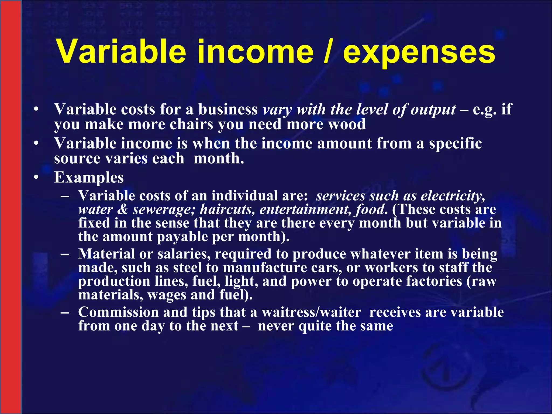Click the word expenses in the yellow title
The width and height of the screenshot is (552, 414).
(419, 53)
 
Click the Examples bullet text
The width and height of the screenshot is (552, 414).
(89, 177)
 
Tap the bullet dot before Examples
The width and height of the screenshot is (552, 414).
(36, 177)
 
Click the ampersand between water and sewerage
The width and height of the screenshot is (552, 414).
(123, 210)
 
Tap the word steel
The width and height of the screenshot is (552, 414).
(187, 268)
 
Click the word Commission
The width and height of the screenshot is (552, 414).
(118, 312)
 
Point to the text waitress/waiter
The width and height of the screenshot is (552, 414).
(311, 312)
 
